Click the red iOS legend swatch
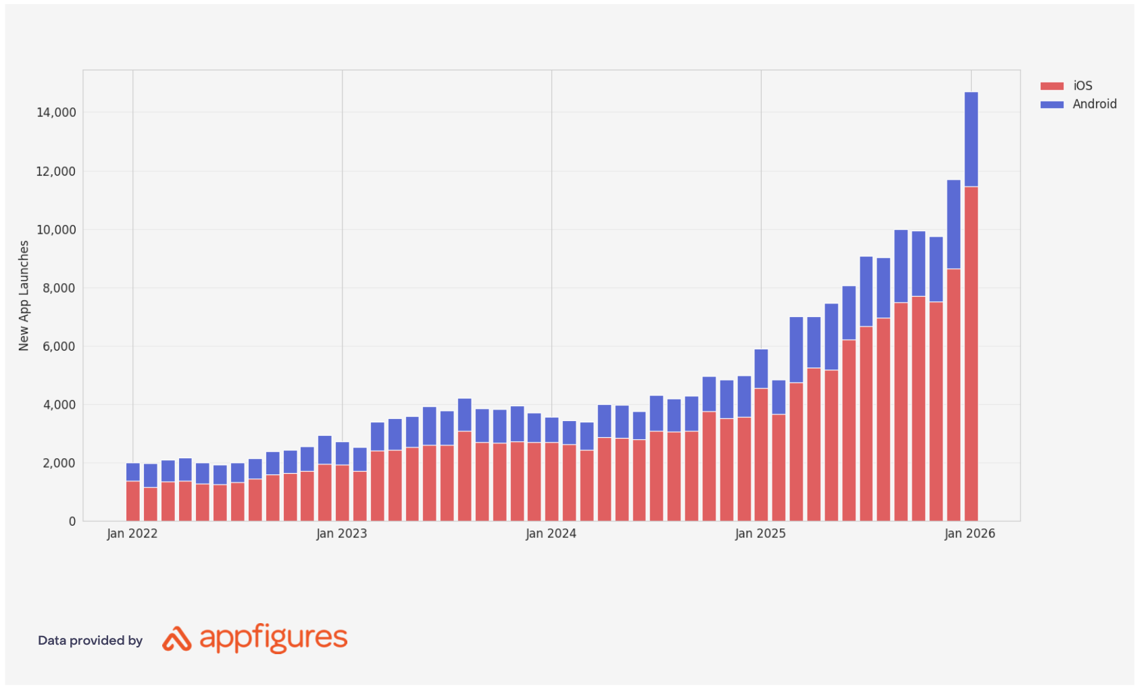(1051, 86)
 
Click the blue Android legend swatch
(1051, 104)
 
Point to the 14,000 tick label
(56, 112)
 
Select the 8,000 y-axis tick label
(59, 288)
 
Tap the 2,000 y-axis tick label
(59, 463)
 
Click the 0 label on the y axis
(72, 521)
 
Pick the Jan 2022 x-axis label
(132, 533)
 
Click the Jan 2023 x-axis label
(342, 533)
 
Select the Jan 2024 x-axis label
(551, 533)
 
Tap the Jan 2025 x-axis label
(761, 533)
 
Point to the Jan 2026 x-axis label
(970, 533)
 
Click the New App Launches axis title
(24, 295)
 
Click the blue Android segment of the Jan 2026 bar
(971, 139)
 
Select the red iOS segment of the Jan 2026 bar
(971, 351)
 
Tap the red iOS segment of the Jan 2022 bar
(133, 501)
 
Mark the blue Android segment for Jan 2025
(761, 368)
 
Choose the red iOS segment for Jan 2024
(552, 481)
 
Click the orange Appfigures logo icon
(177, 639)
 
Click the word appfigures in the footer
(274, 638)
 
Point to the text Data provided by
(90, 641)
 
